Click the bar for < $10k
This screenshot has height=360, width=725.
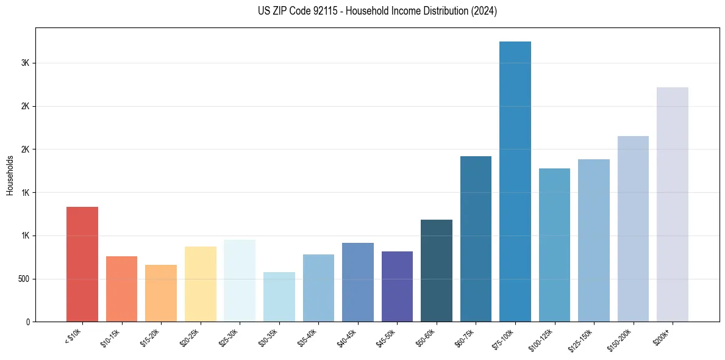pyautogui.click(x=82, y=264)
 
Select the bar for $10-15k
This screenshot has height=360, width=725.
pyautogui.click(x=121, y=289)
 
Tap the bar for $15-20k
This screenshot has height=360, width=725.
pyautogui.click(x=161, y=293)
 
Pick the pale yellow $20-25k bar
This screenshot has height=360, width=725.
pyautogui.click(x=200, y=284)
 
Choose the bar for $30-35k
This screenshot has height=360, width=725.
pyautogui.click(x=279, y=297)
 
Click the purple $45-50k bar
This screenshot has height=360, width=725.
pyautogui.click(x=397, y=286)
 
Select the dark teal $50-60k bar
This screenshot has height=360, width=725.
pyautogui.click(x=437, y=270)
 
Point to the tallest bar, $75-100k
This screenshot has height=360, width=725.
pyautogui.click(x=515, y=181)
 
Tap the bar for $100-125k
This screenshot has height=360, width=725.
pyautogui.click(x=554, y=245)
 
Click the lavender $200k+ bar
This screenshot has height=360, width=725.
pyautogui.click(x=673, y=204)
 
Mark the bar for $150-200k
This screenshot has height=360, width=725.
pyautogui.click(x=633, y=229)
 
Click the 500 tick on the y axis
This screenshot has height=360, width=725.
pyautogui.click(x=23, y=279)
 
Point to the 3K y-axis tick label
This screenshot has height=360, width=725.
pyautogui.click(x=25, y=63)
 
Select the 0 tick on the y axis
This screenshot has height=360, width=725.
pyautogui.click(x=27, y=322)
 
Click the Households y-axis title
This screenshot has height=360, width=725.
pyautogui.click(x=10, y=175)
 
